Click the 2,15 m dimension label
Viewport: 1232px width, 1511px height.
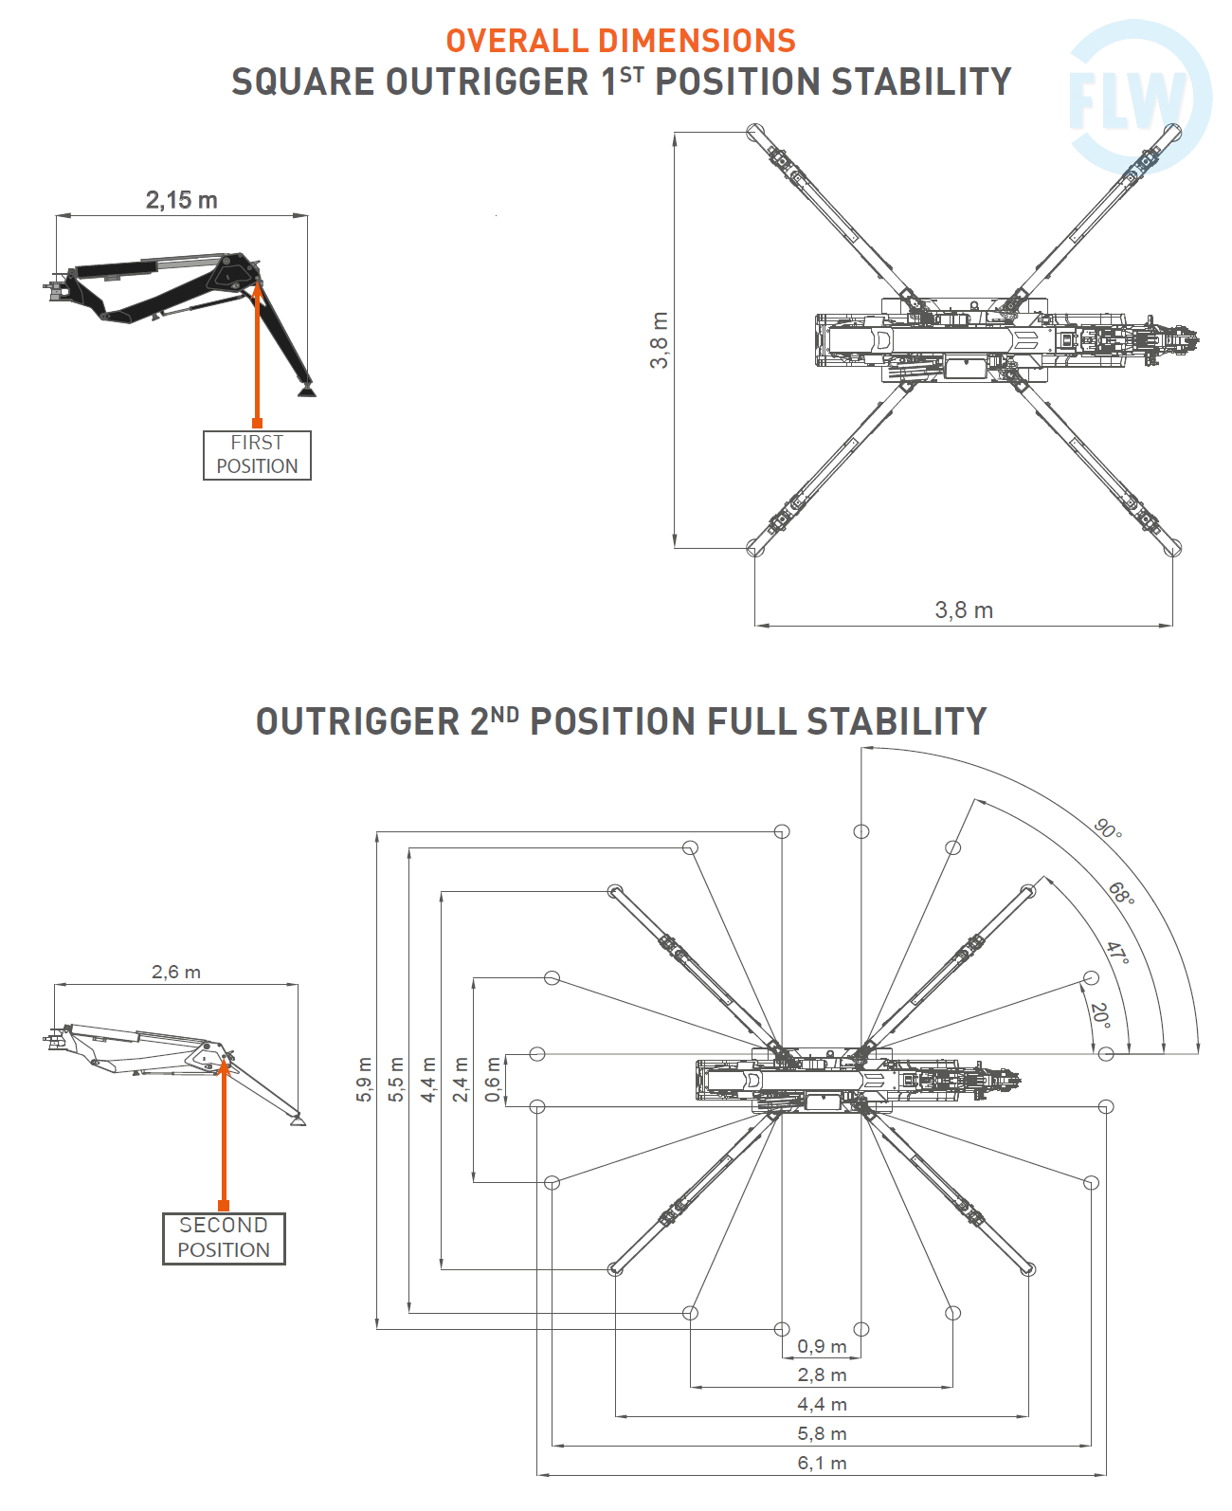[x=181, y=200]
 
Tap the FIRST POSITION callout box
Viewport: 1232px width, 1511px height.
[x=257, y=455]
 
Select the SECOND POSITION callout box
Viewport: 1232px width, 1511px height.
[x=224, y=1238]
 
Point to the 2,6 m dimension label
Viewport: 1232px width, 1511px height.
[x=176, y=972]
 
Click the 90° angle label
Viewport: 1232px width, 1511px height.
[x=1108, y=828]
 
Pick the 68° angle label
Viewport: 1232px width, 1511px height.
[x=1121, y=893]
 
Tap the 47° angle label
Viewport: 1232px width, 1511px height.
[x=1118, y=953]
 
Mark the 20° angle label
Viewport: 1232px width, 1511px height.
[x=1099, y=1015]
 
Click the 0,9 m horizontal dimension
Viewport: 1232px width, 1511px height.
[x=822, y=1346]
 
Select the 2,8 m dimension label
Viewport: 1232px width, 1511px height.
[x=822, y=1375]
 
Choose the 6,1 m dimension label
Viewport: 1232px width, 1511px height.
[x=822, y=1463]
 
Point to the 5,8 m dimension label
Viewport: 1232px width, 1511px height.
[x=822, y=1433]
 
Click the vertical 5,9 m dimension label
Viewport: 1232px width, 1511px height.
[x=365, y=1080]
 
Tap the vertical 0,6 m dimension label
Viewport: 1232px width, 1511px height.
[x=493, y=1080]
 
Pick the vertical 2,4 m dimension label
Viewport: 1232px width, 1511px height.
[x=461, y=1080]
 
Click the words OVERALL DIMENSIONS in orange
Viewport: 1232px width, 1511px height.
[x=621, y=41]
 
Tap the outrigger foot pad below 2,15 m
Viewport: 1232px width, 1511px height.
[x=305, y=389]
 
